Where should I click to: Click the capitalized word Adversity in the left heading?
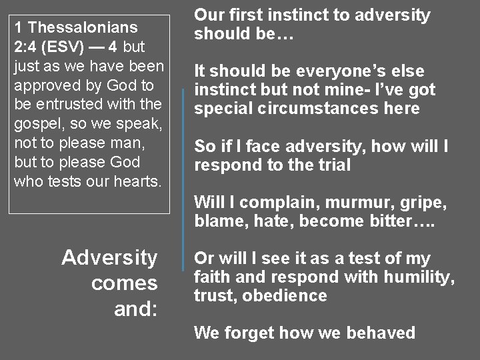(x=109, y=258)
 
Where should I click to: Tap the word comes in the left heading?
(x=125, y=283)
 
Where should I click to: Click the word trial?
(x=333, y=165)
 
